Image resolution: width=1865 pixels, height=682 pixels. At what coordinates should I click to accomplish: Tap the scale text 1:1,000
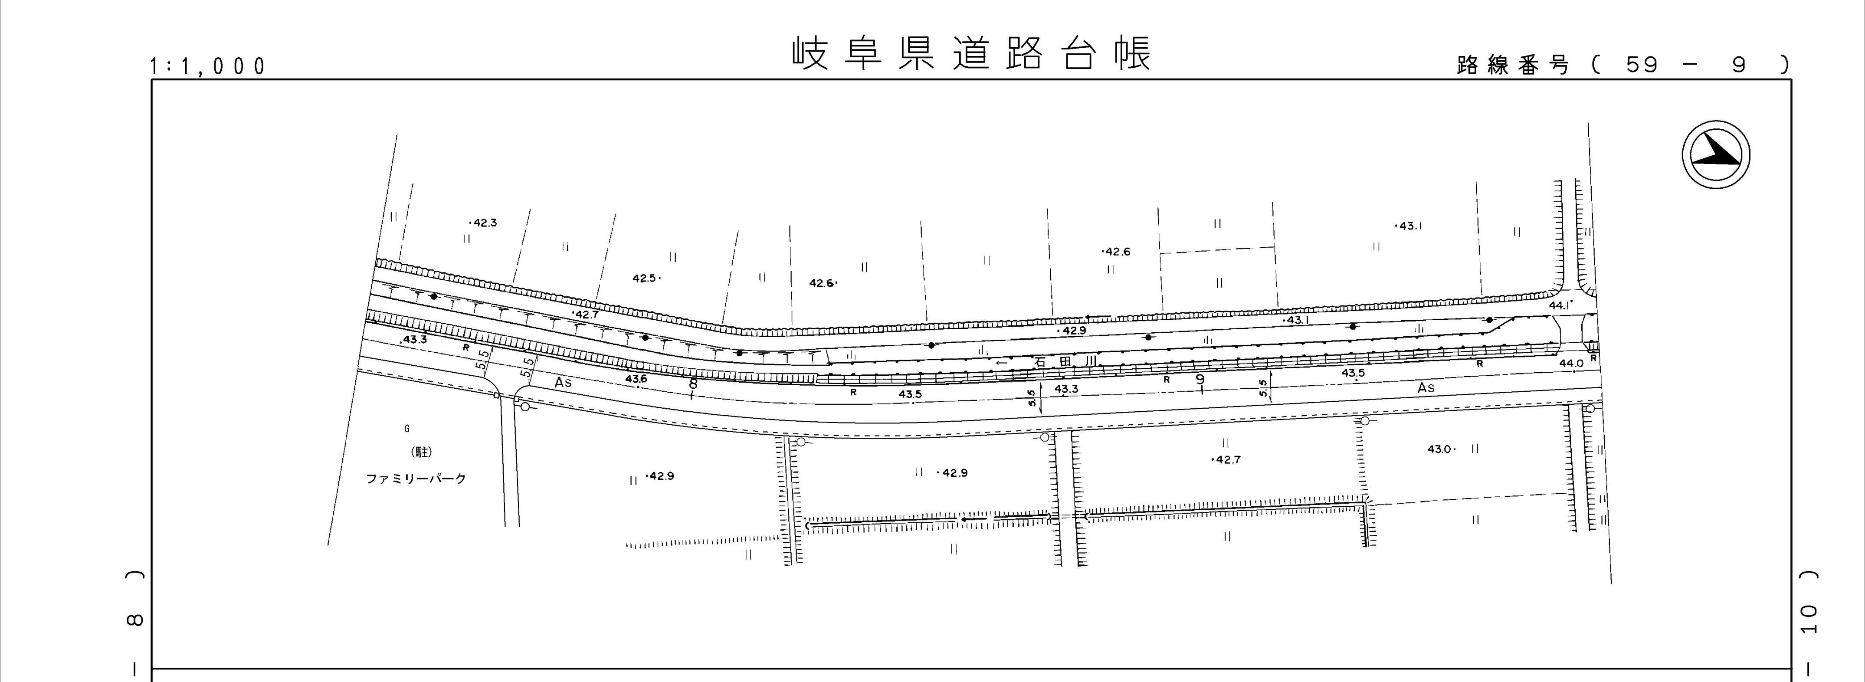coord(208,67)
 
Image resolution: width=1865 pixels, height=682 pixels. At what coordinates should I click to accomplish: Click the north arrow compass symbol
coord(1715,156)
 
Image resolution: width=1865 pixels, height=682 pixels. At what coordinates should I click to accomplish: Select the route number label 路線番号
coord(1512,65)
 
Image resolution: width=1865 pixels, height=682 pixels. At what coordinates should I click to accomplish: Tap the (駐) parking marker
coord(421,452)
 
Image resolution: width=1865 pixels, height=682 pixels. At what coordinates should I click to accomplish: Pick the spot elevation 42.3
coord(484,223)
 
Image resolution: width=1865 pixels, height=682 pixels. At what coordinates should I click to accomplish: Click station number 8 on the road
coord(693,384)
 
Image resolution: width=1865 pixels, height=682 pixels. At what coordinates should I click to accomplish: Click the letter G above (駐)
coord(407,429)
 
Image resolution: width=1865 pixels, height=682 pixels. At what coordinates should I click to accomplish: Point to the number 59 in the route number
coord(1641,65)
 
